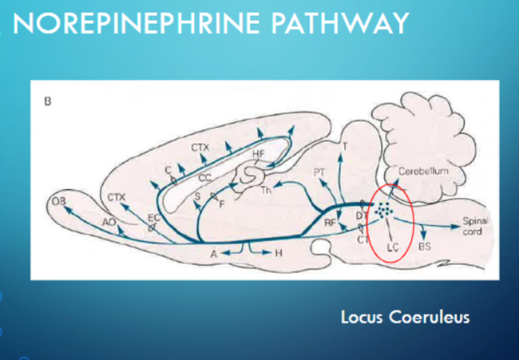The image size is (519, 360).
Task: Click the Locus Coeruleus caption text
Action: (405, 317)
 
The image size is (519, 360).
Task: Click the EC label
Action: (154, 216)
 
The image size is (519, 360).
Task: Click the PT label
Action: (319, 172)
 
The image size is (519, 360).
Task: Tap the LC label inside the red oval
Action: (392, 248)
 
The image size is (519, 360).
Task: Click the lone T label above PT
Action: (344, 147)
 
